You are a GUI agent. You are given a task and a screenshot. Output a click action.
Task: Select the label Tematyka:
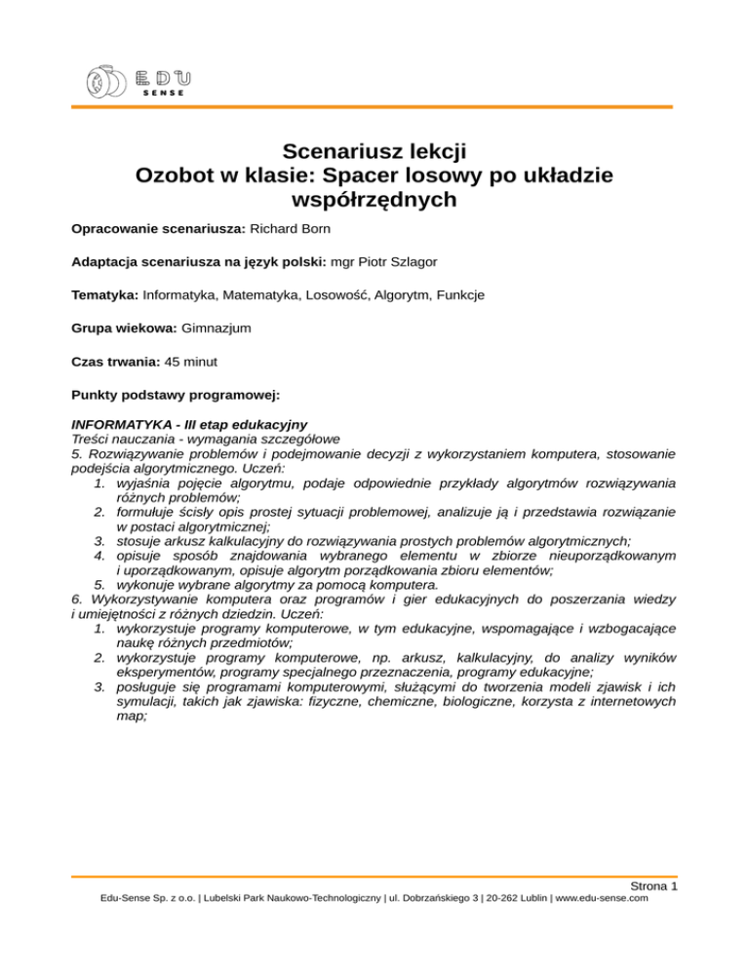click(105, 294)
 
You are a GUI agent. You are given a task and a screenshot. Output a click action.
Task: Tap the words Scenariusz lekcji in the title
click(374, 151)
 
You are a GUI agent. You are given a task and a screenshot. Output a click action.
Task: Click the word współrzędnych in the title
click(374, 201)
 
